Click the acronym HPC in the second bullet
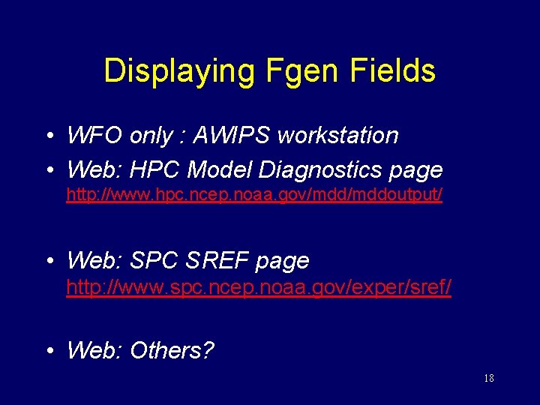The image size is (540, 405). (155, 170)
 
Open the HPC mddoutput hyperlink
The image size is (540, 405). (254, 195)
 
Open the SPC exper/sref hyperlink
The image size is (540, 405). (259, 287)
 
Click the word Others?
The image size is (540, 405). (172, 350)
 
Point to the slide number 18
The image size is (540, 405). (488, 379)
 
